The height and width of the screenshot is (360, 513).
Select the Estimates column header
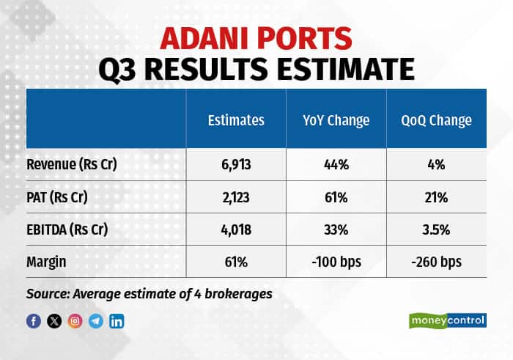(236, 120)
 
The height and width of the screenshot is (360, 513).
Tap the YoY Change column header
(336, 120)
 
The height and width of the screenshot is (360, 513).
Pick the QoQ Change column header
(436, 120)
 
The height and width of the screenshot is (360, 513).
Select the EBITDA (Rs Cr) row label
(68, 229)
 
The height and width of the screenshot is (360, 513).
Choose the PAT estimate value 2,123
(236, 197)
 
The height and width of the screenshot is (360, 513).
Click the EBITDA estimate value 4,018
(236, 229)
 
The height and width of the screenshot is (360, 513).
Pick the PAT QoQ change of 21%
(436, 197)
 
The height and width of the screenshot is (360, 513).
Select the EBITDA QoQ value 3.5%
(436, 229)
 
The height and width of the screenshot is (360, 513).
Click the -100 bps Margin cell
(336, 261)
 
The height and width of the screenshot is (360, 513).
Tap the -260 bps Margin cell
(436, 261)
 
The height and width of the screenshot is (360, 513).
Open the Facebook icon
(34, 320)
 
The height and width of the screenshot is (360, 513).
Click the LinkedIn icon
(117, 320)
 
